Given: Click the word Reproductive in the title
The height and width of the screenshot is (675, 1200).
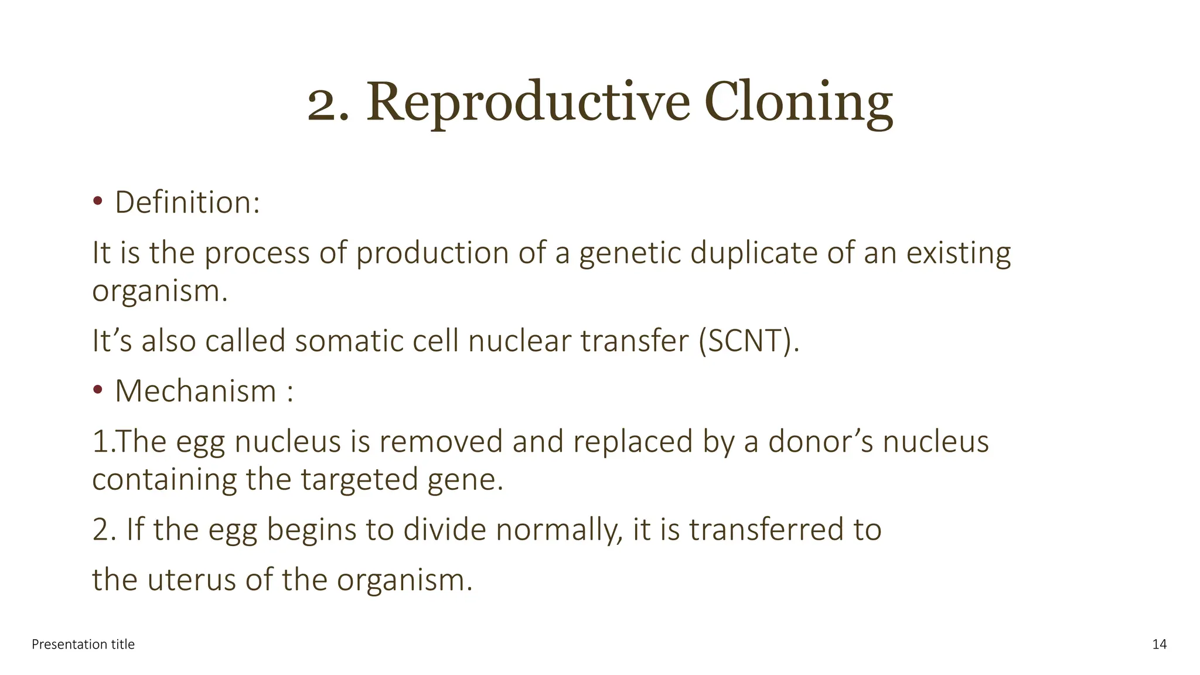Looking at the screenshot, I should click(528, 103).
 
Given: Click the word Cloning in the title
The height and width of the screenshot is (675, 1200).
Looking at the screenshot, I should click(798, 103).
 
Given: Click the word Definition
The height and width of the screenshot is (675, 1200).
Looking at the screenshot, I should click(186, 203).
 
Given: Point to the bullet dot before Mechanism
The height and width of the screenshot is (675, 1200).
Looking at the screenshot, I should click(98, 390).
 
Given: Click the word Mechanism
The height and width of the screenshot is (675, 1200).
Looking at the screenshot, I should click(195, 391).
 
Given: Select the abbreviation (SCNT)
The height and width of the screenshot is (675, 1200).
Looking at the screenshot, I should click(748, 341).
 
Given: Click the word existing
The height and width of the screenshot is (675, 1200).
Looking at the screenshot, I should click(959, 254).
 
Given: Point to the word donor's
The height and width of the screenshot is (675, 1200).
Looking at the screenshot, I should click(820, 441).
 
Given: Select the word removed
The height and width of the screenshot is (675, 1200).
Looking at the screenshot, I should click(441, 441).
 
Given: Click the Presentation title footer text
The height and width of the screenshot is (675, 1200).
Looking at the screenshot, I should click(83, 645).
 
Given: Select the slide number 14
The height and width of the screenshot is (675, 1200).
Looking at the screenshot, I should click(1159, 645).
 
